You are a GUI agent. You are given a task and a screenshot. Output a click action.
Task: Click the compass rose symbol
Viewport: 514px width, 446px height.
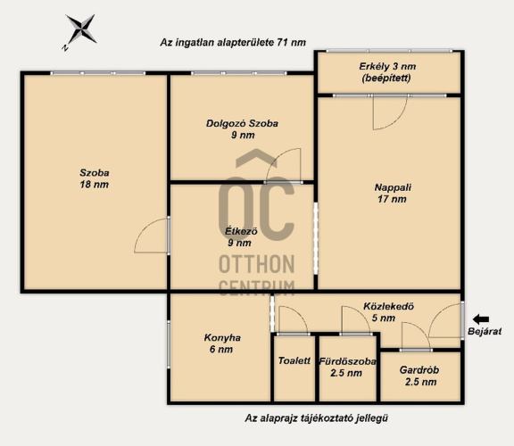click(x=80, y=29)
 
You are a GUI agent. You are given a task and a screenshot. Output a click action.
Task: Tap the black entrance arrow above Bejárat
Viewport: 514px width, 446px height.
click(x=481, y=318)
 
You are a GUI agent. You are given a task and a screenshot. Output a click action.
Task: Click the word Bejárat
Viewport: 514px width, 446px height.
click(x=485, y=331)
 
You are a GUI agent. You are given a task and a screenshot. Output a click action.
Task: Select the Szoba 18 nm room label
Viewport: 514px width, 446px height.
click(x=95, y=178)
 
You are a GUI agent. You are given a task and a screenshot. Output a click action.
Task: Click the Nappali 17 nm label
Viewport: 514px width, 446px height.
click(x=393, y=193)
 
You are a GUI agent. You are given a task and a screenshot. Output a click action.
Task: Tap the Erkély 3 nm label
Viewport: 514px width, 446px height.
click(x=387, y=72)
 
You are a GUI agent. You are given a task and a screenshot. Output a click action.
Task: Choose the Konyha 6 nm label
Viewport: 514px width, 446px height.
click(x=222, y=343)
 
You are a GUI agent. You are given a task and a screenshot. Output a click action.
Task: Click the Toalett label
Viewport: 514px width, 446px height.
click(x=294, y=360)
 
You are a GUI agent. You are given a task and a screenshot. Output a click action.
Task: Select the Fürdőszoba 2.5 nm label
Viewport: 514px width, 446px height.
click(x=347, y=367)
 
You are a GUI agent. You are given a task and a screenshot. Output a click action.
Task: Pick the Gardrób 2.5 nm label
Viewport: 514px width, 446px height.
click(x=420, y=376)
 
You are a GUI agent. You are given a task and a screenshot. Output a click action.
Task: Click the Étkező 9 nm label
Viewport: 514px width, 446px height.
click(x=241, y=236)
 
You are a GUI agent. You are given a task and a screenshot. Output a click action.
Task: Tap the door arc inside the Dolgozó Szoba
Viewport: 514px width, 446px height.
click(x=277, y=157)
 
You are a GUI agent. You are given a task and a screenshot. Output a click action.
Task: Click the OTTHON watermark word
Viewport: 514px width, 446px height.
click(x=257, y=264)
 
